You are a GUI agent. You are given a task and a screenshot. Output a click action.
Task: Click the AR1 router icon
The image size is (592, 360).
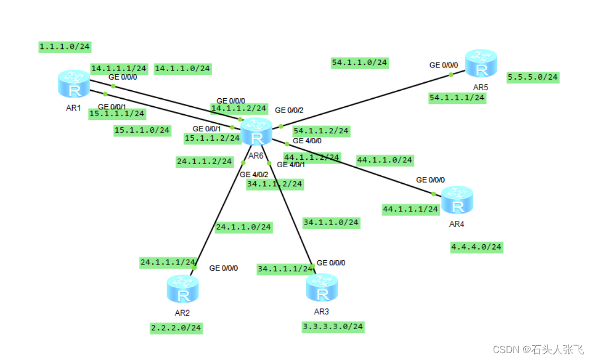coord(75,84)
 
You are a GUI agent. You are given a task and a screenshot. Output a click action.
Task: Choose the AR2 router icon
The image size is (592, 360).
coord(183,289)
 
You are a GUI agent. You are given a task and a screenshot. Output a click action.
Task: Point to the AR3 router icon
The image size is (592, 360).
coord(322,288)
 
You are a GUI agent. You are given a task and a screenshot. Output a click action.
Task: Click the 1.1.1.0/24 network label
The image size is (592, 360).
coord(65,47)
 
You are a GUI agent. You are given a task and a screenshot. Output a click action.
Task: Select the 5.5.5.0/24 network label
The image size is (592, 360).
coord(533,78)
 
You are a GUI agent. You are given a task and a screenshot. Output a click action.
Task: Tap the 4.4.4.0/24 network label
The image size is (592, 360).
coord(476,247)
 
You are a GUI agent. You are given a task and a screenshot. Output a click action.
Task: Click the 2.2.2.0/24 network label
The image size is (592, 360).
coord(176,328)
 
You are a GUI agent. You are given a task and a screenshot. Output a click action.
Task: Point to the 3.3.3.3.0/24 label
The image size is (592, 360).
coord(333,327)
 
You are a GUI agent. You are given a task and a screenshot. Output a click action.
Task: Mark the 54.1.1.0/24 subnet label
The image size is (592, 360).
coord(360,63)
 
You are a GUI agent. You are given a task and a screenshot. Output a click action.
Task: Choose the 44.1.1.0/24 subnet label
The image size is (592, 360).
coord(385,159)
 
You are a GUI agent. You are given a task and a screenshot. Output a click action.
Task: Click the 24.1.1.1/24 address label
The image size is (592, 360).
coord(168,262)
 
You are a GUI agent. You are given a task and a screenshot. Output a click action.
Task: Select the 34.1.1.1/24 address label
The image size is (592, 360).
coord(285,269)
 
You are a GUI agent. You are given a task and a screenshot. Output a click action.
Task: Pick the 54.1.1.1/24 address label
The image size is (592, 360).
coord(457,98)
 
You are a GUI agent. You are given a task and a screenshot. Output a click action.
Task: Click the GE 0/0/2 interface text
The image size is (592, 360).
coord(289,110)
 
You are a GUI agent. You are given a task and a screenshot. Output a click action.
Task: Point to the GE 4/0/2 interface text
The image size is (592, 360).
coord(254,174)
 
